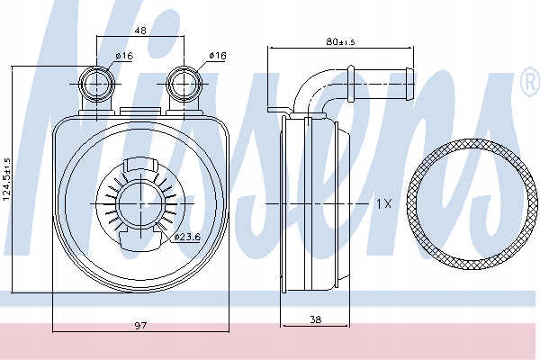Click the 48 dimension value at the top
click(140, 31)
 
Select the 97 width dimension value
click(140, 325)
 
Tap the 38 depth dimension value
click(316, 319)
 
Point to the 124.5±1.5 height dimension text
click(6, 179)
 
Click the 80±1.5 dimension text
click(340, 41)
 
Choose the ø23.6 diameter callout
click(187, 237)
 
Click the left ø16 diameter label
click(124, 56)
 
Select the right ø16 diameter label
click(218, 55)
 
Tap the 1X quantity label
click(383, 204)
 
